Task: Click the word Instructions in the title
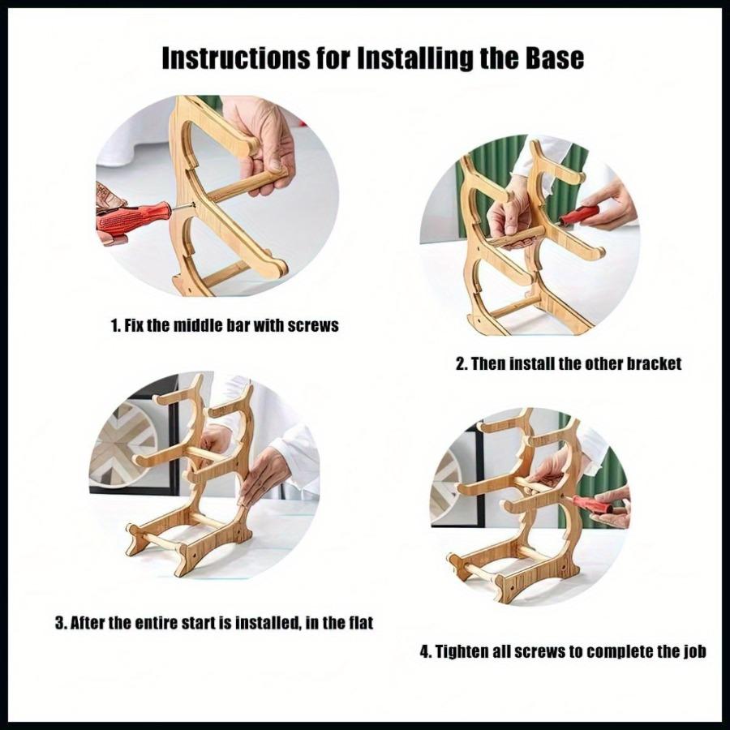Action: click(236, 58)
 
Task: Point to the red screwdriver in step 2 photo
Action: click(578, 216)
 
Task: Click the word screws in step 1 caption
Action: click(313, 325)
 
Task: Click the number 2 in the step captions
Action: click(460, 363)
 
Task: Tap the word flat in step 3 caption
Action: click(361, 622)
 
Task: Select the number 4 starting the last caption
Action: click(424, 651)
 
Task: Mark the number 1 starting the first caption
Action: click(114, 325)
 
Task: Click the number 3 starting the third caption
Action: click(59, 622)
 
